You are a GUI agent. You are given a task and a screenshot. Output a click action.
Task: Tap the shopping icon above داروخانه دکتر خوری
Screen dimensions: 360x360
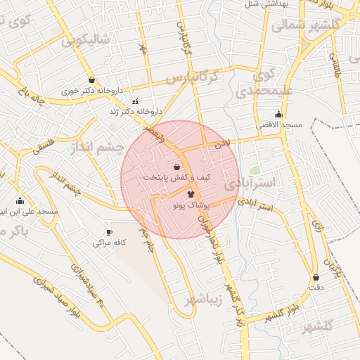coord(92,79)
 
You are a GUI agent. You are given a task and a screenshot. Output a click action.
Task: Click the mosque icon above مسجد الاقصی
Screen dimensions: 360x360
coord(279,114)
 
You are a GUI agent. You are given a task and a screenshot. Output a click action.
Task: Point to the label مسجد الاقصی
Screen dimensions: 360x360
coord(278,124)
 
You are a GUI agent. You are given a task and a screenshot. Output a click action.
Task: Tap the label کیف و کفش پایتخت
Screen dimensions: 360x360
coord(176,178)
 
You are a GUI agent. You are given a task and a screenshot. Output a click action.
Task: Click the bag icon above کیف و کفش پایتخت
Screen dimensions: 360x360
coord(176,167)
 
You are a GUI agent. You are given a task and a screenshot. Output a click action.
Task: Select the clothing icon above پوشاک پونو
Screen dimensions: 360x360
coord(190,193)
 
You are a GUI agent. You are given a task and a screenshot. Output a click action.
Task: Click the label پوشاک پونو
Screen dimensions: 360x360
coord(191,204)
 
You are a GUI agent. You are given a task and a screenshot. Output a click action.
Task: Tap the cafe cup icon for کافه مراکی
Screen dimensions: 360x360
coord(108,232)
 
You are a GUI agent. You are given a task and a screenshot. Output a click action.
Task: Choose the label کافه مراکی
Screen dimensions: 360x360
coord(109,243)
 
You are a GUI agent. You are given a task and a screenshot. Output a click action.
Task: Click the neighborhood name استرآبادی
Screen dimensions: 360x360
coord(252,184)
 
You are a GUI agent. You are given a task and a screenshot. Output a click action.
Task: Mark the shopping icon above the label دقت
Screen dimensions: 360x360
coord(316,277)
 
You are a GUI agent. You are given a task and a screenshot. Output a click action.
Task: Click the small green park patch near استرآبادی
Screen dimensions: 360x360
coord(255,170)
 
